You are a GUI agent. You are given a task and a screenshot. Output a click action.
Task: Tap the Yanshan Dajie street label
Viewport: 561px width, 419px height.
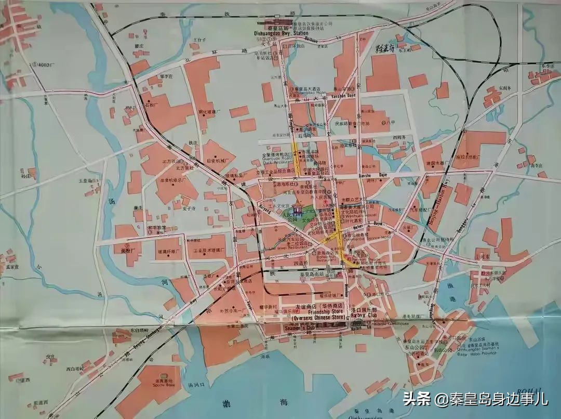[x=343, y=96]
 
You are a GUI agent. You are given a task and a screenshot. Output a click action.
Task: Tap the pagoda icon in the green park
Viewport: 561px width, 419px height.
[x=298, y=209]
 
